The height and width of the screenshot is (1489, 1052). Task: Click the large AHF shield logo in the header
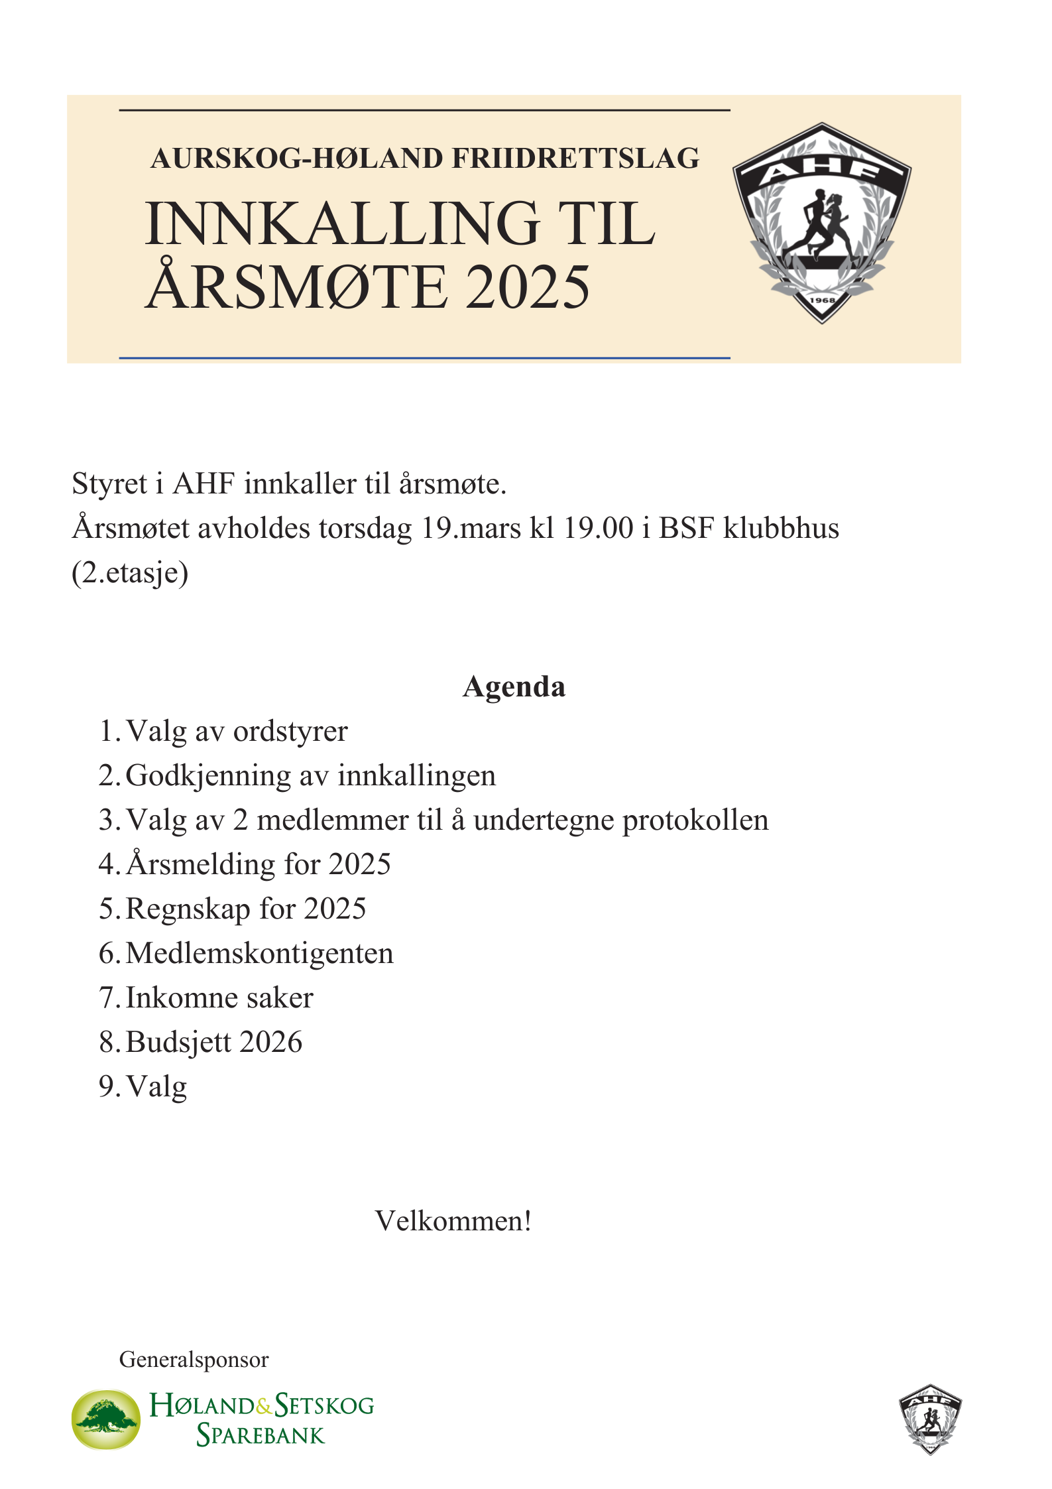[x=821, y=223]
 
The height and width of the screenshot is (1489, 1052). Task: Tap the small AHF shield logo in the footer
[x=930, y=1419]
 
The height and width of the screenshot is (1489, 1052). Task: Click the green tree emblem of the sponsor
[x=106, y=1419]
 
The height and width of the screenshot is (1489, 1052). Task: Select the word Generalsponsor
[x=194, y=1359]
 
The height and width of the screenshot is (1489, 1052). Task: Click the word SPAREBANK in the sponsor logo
[x=261, y=1435]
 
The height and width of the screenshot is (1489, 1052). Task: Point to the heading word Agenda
[x=514, y=686]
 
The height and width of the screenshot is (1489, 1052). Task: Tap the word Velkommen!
[x=453, y=1220]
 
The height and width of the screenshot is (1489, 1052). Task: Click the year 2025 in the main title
[x=527, y=287]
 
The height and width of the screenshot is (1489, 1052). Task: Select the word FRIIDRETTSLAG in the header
[x=575, y=159]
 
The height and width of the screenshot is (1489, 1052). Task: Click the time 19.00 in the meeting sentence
[x=599, y=528]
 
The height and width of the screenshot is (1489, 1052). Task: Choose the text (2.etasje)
[x=130, y=573]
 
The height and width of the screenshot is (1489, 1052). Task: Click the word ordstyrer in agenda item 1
[x=290, y=732]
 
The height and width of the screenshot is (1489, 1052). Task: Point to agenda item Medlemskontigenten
[x=259, y=953]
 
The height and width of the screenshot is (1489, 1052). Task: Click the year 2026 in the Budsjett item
[x=270, y=1042]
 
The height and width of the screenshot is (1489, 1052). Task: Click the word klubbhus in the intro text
[x=781, y=528]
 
